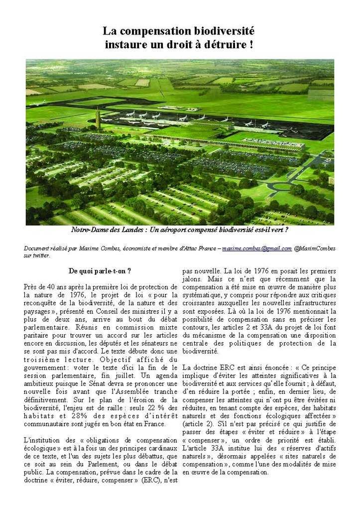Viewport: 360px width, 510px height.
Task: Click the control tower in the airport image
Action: pos(98,119)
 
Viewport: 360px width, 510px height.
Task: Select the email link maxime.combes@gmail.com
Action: pos(257,249)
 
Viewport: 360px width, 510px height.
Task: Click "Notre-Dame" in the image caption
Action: pos(91,231)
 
